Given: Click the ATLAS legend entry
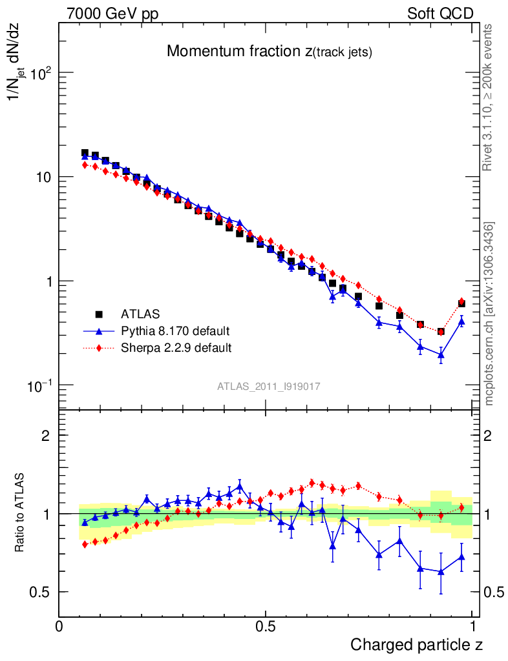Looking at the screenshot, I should [x=138, y=314].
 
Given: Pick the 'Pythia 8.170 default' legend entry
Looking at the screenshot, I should [x=175, y=331].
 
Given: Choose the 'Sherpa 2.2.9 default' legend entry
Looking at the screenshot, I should [x=176, y=348].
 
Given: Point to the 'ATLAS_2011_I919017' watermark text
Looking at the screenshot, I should [x=269, y=386].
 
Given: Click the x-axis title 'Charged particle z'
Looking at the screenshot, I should [x=416, y=644].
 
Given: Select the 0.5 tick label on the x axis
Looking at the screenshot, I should [x=265, y=627].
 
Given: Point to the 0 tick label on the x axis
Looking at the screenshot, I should [x=59, y=627].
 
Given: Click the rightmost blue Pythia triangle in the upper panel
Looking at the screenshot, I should [x=461, y=321].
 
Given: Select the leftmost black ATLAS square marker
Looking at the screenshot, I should [x=85, y=154].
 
